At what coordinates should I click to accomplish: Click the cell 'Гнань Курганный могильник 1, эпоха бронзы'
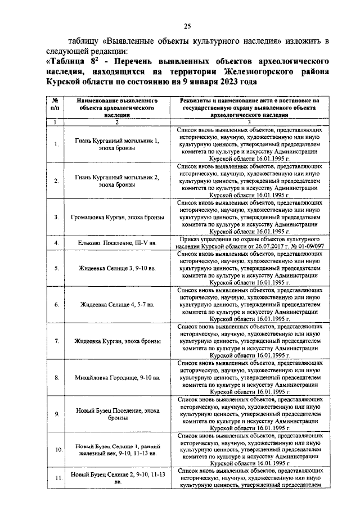tap(117, 144)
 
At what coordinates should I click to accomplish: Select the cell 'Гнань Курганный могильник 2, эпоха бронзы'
tap(117, 180)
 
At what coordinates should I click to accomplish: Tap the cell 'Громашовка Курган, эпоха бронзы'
tap(117, 216)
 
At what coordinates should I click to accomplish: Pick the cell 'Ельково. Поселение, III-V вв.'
tap(117, 242)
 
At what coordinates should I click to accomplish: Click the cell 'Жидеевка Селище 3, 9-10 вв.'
tap(117, 268)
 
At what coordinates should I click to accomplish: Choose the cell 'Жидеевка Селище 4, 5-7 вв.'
tap(117, 304)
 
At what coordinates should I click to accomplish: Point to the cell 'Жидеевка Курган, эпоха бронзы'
tap(117, 341)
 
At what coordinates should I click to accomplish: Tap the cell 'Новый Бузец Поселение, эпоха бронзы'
tap(117, 414)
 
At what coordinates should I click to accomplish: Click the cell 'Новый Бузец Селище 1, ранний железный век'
tap(117, 450)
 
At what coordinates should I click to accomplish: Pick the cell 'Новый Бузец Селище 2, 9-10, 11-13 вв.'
tap(117, 478)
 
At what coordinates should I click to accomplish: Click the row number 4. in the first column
tap(57, 242)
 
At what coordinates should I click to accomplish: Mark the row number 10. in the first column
tap(57, 450)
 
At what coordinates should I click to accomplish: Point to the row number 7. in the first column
tap(57, 341)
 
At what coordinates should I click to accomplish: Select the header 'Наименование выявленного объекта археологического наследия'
tap(117, 105)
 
